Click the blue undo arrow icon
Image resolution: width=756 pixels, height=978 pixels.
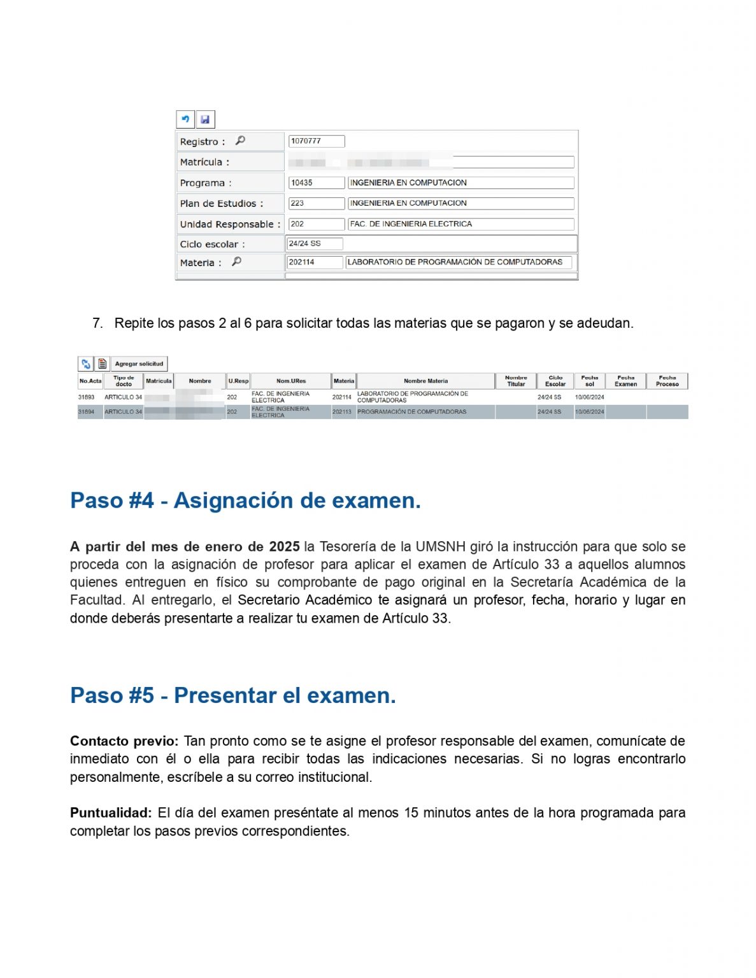pyautogui.click(x=185, y=119)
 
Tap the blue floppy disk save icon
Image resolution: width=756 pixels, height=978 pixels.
pyautogui.click(x=205, y=119)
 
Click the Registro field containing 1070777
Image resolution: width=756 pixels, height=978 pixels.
pyautogui.click(x=316, y=141)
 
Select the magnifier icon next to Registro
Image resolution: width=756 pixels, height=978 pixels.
pyautogui.click(x=240, y=140)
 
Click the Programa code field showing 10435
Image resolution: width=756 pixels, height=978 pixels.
pyautogui.click(x=316, y=183)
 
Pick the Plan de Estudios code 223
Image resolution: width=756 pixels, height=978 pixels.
pyautogui.click(x=316, y=203)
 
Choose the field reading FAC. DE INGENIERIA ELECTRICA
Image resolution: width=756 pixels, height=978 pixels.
pyautogui.click(x=460, y=224)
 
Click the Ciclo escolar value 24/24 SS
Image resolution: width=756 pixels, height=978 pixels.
pyautogui.click(x=315, y=243)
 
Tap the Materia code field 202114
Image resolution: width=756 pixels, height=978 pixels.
pyautogui.click(x=315, y=262)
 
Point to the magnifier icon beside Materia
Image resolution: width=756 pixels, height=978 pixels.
pyautogui.click(x=236, y=261)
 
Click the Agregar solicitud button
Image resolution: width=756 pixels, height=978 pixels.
pyautogui.click(x=139, y=364)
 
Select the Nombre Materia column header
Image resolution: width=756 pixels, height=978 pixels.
pyautogui.click(x=425, y=381)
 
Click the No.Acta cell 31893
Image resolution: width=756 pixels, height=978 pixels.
pyautogui.click(x=87, y=397)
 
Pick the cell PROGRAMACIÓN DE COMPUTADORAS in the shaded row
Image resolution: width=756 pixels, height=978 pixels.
pyautogui.click(x=411, y=412)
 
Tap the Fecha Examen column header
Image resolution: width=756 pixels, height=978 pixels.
pyautogui.click(x=625, y=381)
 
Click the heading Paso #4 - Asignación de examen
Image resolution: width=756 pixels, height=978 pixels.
pyautogui.click(x=245, y=500)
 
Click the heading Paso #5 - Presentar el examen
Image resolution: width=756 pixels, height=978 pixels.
pyautogui.click(x=232, y=695)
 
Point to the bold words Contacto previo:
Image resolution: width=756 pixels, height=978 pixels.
pyautogui.click(x=124, y=741)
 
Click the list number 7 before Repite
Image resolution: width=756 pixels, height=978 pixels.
pyautogui.click(x=97, y=323)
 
